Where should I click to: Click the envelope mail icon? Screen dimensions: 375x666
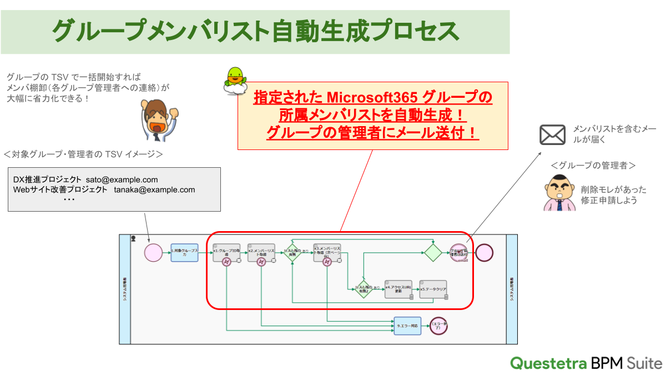pyautogui.click(x=552, y=135)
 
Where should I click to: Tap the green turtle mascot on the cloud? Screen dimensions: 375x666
pyautogui.click(x=235, y=80)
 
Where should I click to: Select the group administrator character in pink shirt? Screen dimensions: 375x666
pyautogui.click(x=557, y=192)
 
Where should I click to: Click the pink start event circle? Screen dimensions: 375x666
pyautogui.click(x=153, y=252)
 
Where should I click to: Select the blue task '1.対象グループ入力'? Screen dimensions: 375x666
pyautogui.click(x=184, y=253)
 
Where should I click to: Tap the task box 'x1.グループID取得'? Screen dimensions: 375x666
pyautogui.click(x=226, y=252)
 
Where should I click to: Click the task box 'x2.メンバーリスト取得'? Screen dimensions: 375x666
pyautogui.click(x=261, y=252)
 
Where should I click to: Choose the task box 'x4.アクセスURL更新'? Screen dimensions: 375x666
pyautogui.click(x=398, y=289)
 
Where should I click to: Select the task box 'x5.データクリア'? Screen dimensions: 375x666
pyautogui.click(x=433, y=289)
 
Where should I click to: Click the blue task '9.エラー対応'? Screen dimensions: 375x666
pyautogui.click(x=407, y=326)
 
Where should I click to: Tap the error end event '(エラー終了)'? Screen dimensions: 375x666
pyautogui.click(x=438, y=326)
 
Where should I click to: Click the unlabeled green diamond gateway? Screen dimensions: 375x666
pyautogui.click(x=433, y=252)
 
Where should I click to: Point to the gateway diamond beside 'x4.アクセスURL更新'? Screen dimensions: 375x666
pyautogui.click(x=363, y=289)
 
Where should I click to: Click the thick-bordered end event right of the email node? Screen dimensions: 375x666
pyautogui.click(x=484, y=252)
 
